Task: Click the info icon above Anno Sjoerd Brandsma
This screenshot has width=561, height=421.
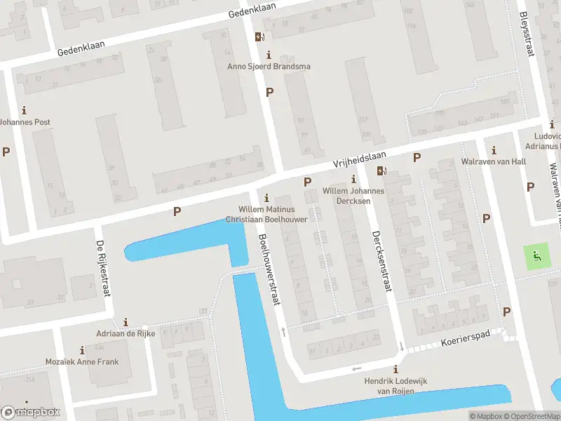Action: tap(268, 55)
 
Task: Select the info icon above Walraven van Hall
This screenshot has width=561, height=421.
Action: tap(494, 150)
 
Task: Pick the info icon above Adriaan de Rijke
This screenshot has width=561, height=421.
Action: tap(126, 322)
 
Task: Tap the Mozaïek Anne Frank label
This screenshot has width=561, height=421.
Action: tap(83, 362)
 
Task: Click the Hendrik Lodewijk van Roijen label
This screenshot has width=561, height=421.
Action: tap(396, 385)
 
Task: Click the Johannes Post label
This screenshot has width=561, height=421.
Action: tap(25, 122)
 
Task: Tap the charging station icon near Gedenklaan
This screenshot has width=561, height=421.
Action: tap(259, 36)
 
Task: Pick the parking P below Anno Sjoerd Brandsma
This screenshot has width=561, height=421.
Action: tap(269, 92)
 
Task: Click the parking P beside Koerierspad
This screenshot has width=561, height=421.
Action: tap(506, 312)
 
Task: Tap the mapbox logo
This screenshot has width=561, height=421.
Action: tap(31, 412)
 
